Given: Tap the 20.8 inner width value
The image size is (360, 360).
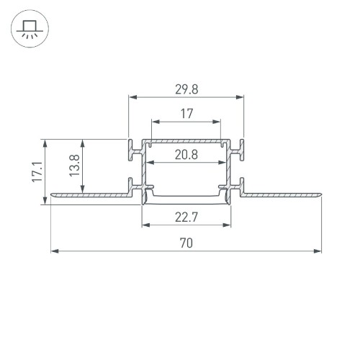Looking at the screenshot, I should coord(186,154).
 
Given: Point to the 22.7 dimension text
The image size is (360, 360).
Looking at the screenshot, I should coord(186,217).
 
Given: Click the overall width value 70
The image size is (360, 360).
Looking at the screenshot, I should coord(186,243).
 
